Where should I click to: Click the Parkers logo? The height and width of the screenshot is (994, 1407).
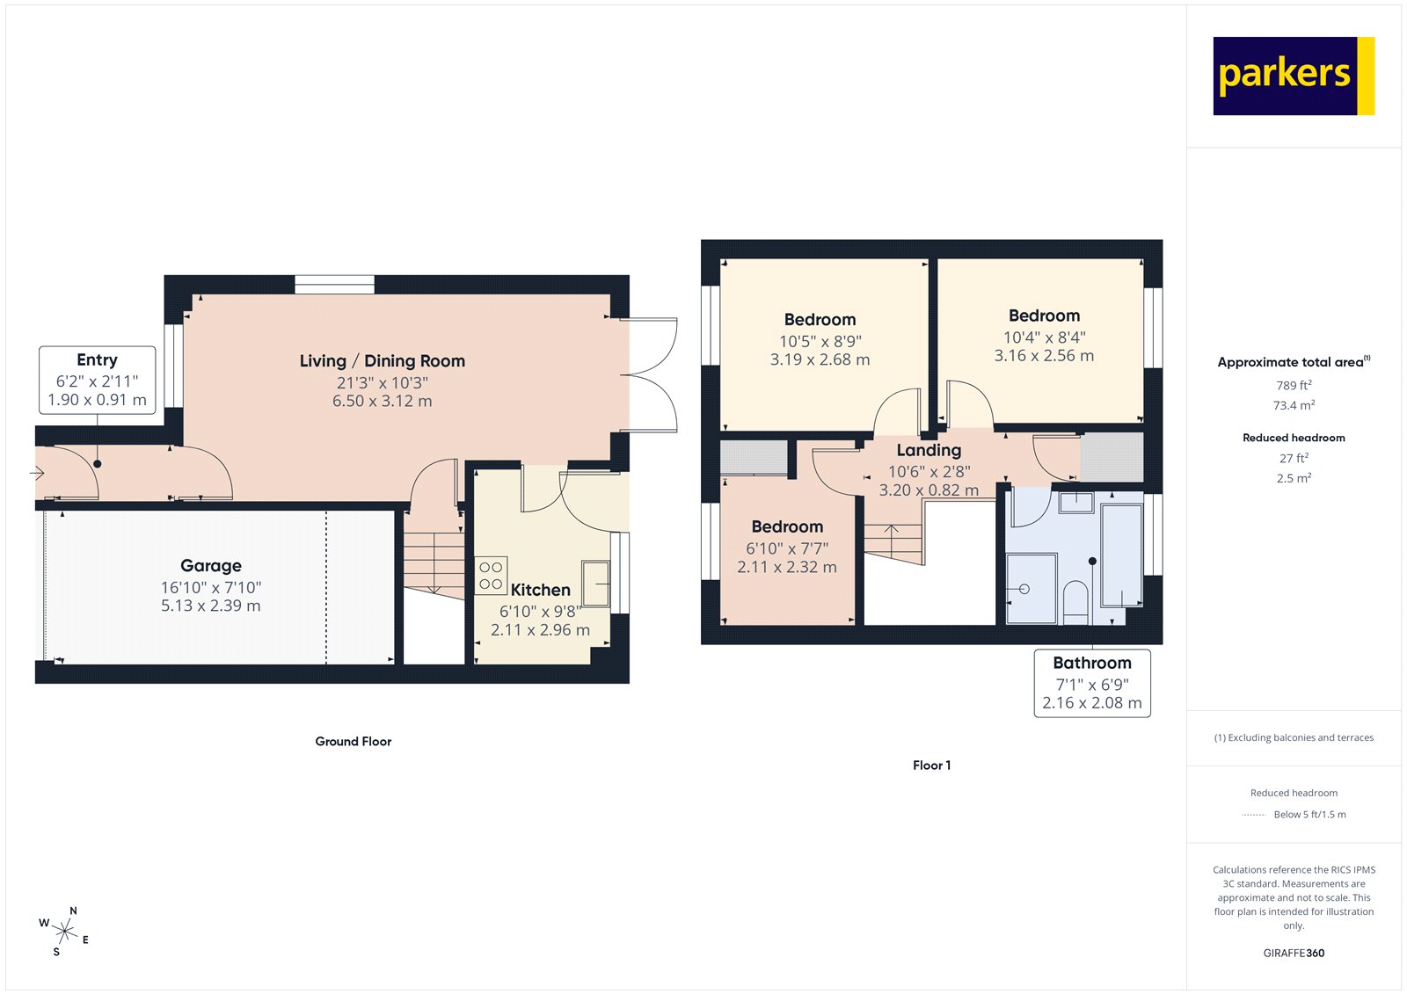click(1293, 76)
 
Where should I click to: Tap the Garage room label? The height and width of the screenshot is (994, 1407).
click(211, 566)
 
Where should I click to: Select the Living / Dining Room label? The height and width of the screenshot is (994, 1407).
click(382, 361)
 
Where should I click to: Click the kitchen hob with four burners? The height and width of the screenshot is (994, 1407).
click(491, 576)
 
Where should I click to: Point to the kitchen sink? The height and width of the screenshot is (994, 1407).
click(595, 583)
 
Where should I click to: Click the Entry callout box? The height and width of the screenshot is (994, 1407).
click(97, 380)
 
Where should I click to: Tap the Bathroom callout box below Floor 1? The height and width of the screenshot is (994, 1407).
click(1091, 683)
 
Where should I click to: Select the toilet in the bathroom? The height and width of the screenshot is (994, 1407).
click(1075, 600)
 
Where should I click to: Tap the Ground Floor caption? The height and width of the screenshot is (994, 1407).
click(353, 742)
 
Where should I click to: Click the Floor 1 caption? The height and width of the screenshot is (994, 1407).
click(931, 765)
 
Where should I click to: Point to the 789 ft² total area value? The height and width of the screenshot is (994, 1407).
click(1294, 385)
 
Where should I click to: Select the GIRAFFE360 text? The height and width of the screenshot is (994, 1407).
click(1294, 953)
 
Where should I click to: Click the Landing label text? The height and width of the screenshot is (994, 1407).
click(929, 451)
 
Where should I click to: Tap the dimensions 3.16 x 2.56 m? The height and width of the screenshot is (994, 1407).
click(1044, 356)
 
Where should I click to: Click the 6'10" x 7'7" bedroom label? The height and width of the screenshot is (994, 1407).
click(787, 548)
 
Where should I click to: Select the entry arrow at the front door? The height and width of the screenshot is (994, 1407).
click(38, 474)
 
